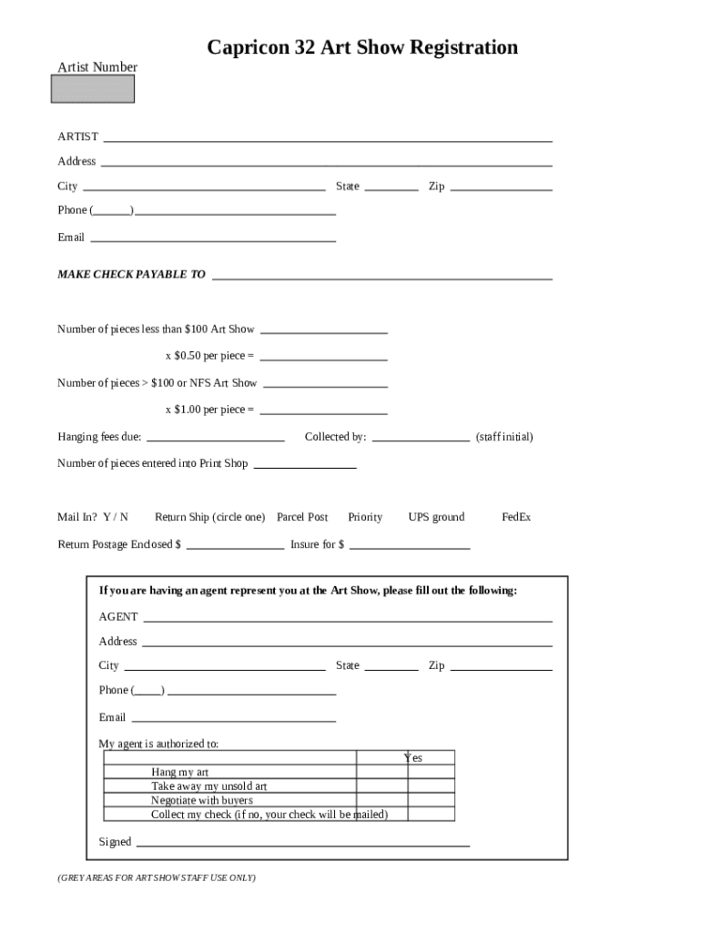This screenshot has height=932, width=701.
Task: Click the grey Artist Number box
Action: pos(93,89)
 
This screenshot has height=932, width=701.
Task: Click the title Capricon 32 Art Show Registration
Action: pos(361,47)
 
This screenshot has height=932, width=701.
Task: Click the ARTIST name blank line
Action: pos(328,139)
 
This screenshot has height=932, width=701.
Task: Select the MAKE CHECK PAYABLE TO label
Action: pos(131,274)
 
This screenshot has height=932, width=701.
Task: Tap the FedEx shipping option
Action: pos(516,517)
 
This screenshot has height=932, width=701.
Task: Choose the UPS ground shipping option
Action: pos(436,517)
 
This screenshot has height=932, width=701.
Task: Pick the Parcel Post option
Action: pos(302,517)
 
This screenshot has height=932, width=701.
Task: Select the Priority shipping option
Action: pos(365,517)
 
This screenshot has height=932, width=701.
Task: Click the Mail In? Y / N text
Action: pos(93,517)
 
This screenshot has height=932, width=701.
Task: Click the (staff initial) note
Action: pos(504,437)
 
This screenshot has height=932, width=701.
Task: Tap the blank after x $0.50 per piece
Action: pos(323,358)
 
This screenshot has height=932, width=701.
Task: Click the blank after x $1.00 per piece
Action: pos(323,411)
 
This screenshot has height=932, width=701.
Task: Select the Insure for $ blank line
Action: pos(410,547)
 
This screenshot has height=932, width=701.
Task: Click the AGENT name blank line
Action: pos(348,619)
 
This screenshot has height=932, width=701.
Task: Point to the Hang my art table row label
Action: pos(180,773)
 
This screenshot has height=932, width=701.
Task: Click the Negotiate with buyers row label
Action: pos(202,800)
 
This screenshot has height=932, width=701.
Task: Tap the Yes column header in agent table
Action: pos(413,757)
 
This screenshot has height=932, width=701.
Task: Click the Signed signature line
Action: pos(302,844)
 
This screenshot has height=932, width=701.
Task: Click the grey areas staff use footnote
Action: pos(157,878)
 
